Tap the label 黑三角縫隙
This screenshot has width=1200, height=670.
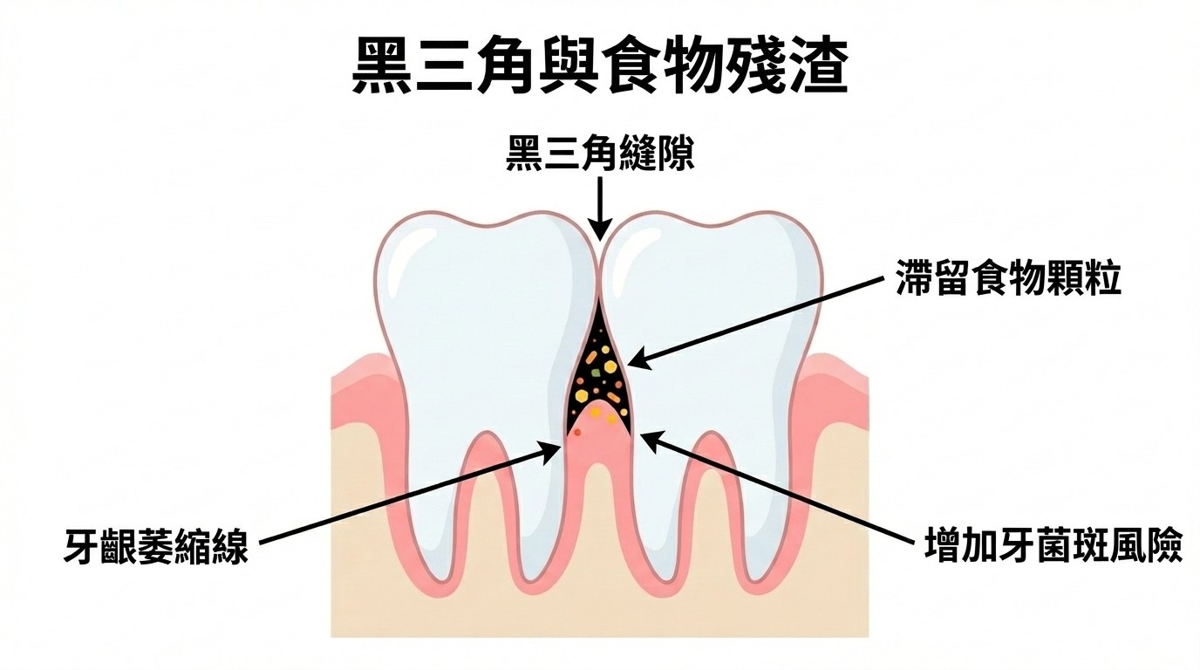click(600, 157)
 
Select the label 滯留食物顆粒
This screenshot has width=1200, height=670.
click(1008, 282)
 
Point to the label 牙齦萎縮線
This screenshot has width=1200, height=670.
click(156, 548)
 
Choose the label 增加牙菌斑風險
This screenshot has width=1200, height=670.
click(1053, 548)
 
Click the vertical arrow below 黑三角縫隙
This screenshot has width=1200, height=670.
click(600, 206)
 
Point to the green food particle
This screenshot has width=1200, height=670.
click(596, 373)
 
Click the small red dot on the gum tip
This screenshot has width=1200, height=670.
click(578, 431)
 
